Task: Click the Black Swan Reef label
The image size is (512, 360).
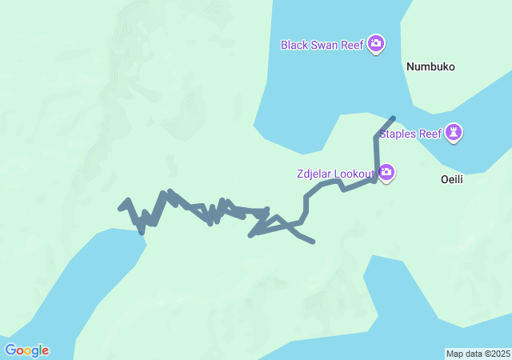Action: point(322,45)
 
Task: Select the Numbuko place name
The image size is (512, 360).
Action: point(430,67)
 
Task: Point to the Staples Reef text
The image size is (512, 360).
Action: point(410,134)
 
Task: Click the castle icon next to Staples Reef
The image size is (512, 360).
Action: point(454,133)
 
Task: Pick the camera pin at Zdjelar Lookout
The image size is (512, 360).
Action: point(386,172)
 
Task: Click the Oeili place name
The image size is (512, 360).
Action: point(452,179)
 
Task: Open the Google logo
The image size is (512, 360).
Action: point(26,350)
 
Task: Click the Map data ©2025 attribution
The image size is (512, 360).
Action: point(478,354)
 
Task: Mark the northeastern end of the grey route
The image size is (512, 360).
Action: point(393,118)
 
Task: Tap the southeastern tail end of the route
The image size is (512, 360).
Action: point(313,242)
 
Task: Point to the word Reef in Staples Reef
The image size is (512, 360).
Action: point(430,134)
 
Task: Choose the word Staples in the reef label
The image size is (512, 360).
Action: point(398,134)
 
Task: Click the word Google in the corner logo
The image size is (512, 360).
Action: point(26,350)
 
